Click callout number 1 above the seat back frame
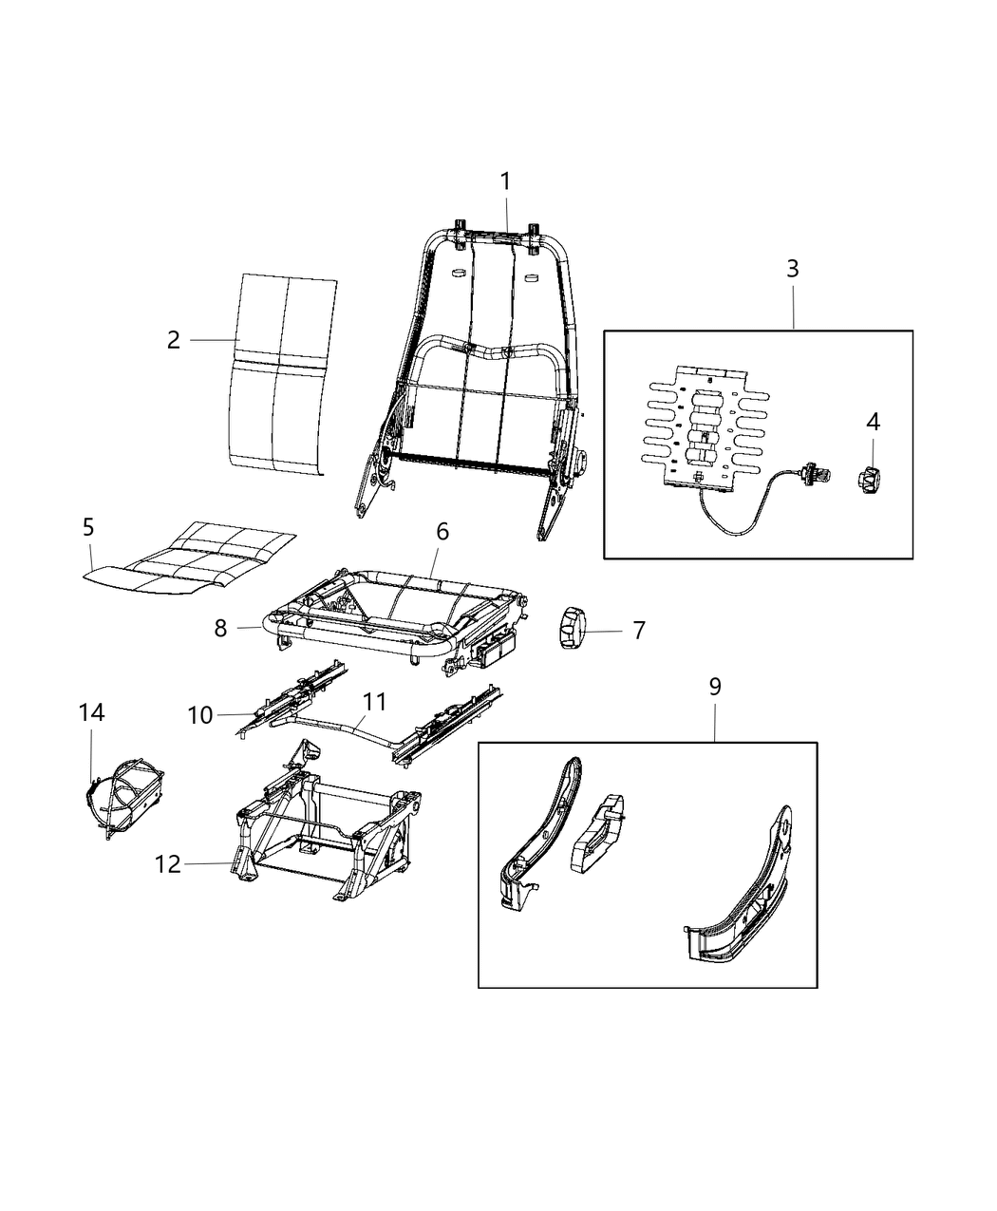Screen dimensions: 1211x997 [x=505, y=180]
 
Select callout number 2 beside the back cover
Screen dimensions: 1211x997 [x=173, y=340]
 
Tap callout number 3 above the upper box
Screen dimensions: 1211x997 [x=792, y=269]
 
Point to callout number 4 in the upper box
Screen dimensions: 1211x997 [x=873, y=422]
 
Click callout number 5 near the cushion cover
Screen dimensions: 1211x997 [x=88, y=527]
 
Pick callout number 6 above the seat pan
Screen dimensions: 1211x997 [x=442, y=532]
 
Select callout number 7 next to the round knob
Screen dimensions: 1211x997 [x=638, y=630]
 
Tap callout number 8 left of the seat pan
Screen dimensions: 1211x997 [x=220, y=629]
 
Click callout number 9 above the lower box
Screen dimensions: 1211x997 [x=714, y=687]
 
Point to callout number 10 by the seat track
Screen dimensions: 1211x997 [x=200, y=715]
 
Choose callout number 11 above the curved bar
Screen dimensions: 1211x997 [x=375, y=702]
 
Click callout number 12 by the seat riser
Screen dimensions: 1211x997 [x=168, y=864]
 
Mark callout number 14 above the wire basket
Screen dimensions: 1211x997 [x=91, y=712]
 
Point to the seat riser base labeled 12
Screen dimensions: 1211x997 [x=323, y=831]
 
